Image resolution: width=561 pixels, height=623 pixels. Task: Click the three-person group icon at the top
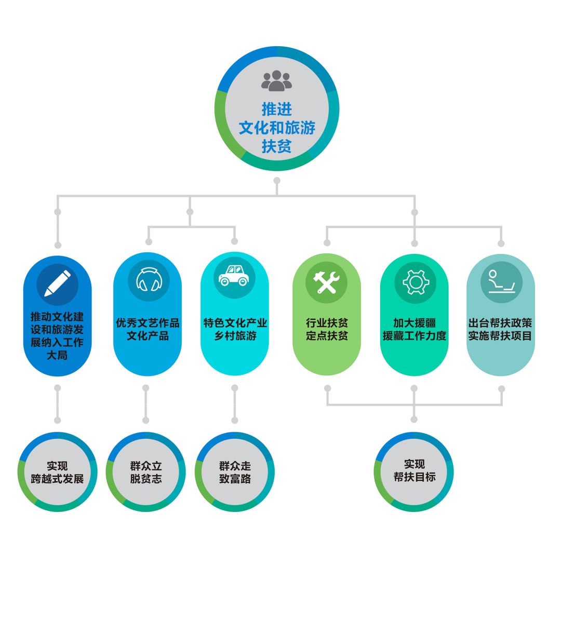276,81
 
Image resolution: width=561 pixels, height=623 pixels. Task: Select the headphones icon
148,281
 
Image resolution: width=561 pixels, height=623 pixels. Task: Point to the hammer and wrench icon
326,282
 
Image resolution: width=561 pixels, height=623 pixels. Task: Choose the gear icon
414,282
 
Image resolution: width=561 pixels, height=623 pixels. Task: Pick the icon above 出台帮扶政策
501,282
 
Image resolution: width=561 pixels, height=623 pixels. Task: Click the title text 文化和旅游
277,128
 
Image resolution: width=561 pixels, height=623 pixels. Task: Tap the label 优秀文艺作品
148,323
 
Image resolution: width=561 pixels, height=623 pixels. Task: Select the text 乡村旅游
235,336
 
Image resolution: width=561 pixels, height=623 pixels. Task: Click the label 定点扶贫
327,336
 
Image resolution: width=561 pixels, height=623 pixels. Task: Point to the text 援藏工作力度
414,336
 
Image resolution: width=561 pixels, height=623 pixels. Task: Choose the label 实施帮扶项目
500,336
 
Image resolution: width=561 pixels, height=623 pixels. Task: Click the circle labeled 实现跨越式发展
57,472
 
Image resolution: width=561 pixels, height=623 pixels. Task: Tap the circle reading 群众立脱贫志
146,472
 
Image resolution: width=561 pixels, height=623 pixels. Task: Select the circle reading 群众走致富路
235,472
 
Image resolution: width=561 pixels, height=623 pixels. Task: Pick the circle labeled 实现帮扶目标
414,471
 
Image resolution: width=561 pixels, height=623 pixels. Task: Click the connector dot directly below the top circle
277,181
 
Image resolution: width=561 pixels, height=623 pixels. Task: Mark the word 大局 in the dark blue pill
57,356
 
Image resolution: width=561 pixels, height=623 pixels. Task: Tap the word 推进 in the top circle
277,110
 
